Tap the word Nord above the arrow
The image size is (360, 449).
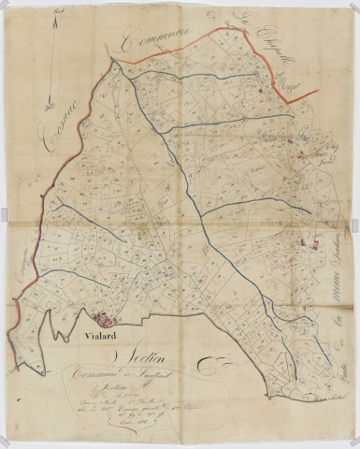pos(60,10)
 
